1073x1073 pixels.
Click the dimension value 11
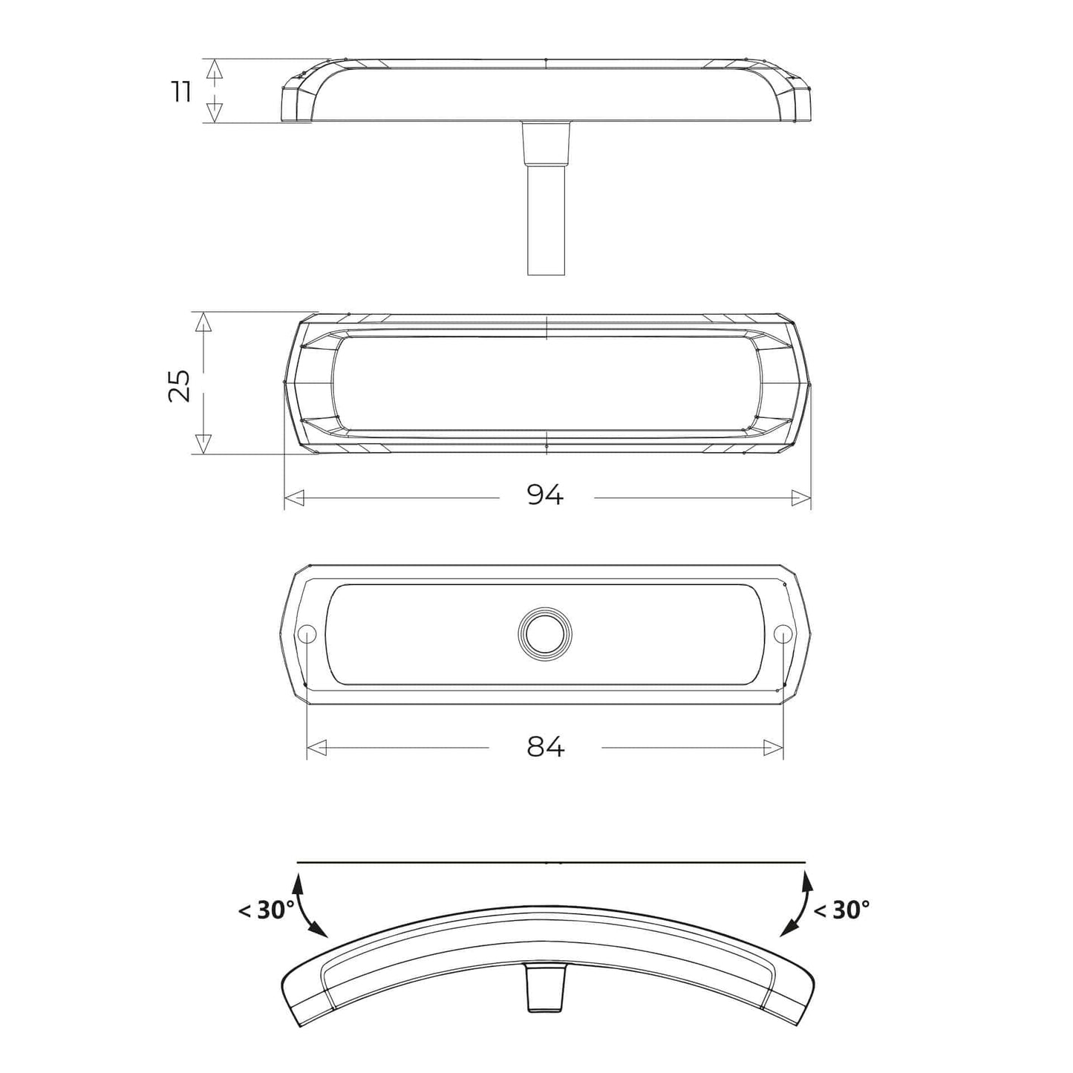[x=182, y=91]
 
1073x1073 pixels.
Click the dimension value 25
[x=180, y=385]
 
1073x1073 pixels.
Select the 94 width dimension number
[x=545, y=495]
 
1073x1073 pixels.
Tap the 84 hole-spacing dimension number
[x=546, y=747]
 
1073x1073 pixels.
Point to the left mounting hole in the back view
[x=307, y=633]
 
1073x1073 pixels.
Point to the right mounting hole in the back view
[x=783, y=633]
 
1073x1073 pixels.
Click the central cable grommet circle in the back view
[x=545, y=633]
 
